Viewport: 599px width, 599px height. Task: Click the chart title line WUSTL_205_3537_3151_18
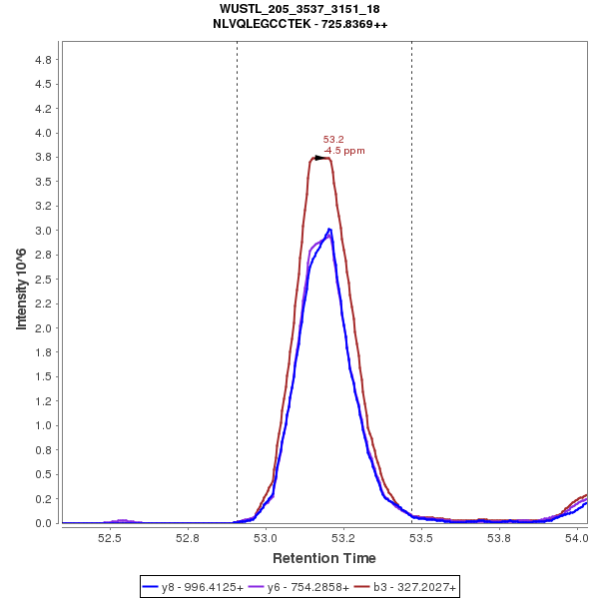click(299, 9)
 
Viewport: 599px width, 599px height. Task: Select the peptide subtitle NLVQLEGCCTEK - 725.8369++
click(299, 23)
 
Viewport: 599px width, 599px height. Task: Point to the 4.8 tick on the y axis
click(43, 60)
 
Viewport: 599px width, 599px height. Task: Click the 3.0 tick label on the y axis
click(43, 231)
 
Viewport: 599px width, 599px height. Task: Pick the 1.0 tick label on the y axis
click(43, 425)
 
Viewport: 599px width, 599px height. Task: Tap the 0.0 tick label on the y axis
click(43, 523)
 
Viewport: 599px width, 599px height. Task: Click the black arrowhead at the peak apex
click(320, 158)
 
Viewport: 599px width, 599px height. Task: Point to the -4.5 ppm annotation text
click(344, 151)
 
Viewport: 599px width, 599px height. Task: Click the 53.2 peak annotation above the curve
click(333, 140)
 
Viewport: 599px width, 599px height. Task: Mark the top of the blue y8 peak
click(328, 230)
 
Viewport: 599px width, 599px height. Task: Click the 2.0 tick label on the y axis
click(43, 328)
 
